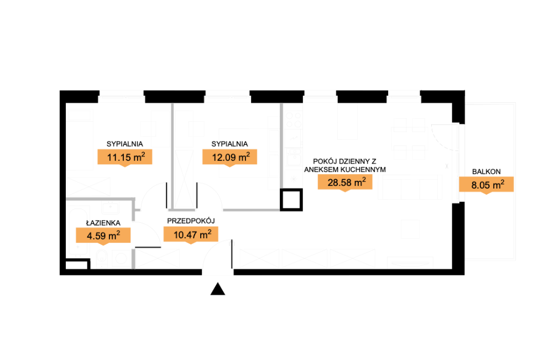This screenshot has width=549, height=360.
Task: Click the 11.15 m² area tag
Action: [124, 157]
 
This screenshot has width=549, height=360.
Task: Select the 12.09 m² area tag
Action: [229, 157]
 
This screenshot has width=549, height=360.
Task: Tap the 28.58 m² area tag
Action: [345, 182]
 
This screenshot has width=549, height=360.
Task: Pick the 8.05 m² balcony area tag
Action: [487, 185]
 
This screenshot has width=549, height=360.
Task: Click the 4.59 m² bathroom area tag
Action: [103, 236]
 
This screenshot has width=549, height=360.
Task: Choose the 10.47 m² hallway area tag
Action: [191, 234]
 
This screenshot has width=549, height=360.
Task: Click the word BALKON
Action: [487, 171]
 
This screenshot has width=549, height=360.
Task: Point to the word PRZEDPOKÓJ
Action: [191, 221]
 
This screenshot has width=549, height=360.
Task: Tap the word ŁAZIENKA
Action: [103, 223]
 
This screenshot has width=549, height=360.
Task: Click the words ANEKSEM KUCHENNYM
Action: [345, 170]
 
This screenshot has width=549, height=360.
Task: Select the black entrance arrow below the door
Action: [218, 289]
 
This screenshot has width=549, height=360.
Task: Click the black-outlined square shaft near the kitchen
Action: [291, 200]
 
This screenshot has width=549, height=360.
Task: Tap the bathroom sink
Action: [110, 207]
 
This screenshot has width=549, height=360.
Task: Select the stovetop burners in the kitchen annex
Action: [294, 119]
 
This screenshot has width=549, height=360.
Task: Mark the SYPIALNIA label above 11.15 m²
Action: [124, 144]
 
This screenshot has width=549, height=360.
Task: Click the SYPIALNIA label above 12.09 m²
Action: [229, 144]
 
